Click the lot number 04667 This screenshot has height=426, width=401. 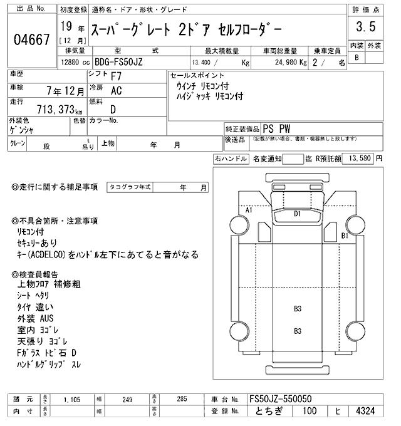[31, 40]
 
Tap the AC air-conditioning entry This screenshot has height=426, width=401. [116, 91]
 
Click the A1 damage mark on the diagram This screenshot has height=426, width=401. [249, 210]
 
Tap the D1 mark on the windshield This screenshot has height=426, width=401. [298, 214]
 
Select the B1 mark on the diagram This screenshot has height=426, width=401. [344, 236]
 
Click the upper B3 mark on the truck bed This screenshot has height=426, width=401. [298, 308]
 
